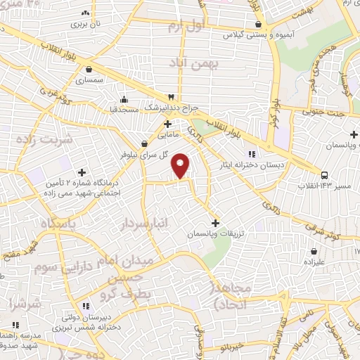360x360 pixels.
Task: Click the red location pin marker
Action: point(181,165)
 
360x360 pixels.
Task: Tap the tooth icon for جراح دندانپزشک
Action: point(170,96)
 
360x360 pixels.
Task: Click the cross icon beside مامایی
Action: point(167,124)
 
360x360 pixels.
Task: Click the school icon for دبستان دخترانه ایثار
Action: point(251,154)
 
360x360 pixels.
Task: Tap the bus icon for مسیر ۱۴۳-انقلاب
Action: point(323,174)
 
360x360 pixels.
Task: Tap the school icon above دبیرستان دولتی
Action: point(86,306)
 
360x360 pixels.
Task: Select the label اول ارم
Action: point(184,27)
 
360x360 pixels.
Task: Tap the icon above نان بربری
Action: point(86,13)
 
